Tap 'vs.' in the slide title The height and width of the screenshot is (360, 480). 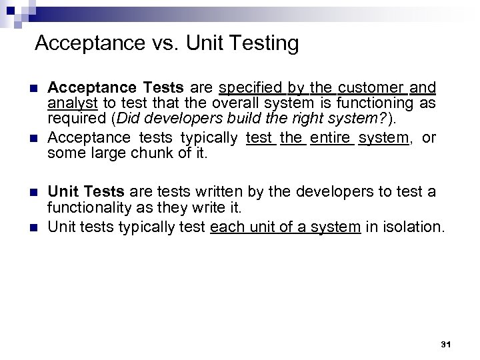pos(162,44)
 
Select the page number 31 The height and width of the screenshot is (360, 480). pos(447,345)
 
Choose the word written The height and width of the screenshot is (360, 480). pos(216,192)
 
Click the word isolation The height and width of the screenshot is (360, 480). pos(413,227)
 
